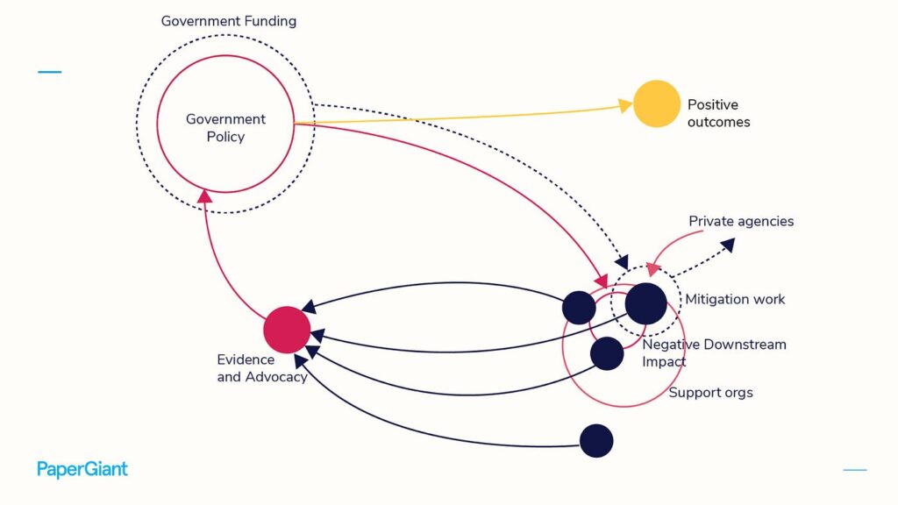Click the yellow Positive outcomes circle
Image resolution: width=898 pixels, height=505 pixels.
coord(657,103)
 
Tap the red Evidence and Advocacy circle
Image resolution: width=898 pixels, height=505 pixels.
coord(287,330)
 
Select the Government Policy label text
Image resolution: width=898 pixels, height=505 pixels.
coord(225,128)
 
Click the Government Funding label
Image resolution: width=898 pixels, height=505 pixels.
coord(229,21)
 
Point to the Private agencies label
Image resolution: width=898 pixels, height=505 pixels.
coord(741,222)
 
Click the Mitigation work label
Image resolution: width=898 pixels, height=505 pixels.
coord(735,300)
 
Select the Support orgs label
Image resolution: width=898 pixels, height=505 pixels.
coord(710,393)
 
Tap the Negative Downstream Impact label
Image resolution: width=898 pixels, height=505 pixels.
coord(714,352)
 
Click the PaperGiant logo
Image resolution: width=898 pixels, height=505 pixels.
coord(82,470)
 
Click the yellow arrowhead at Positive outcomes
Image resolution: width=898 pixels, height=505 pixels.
coord(625,106)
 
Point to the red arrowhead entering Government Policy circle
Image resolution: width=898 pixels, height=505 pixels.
coord(204,196)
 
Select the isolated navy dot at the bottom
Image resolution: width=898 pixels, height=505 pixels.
coord(596,441)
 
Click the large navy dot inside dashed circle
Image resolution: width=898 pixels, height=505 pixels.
coord(646,303)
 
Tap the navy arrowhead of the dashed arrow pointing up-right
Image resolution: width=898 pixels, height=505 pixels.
coord(728,245)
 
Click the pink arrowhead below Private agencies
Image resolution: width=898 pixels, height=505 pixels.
coord(652,268)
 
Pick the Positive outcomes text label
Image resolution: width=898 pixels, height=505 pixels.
coord(719,113)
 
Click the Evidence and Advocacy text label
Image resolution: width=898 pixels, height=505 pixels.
coord(262,368)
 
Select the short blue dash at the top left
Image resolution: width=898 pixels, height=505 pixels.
coord(50,72)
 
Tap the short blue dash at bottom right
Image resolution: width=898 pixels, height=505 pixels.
coord(855,470)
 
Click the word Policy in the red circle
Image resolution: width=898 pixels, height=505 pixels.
coord(225,137)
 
